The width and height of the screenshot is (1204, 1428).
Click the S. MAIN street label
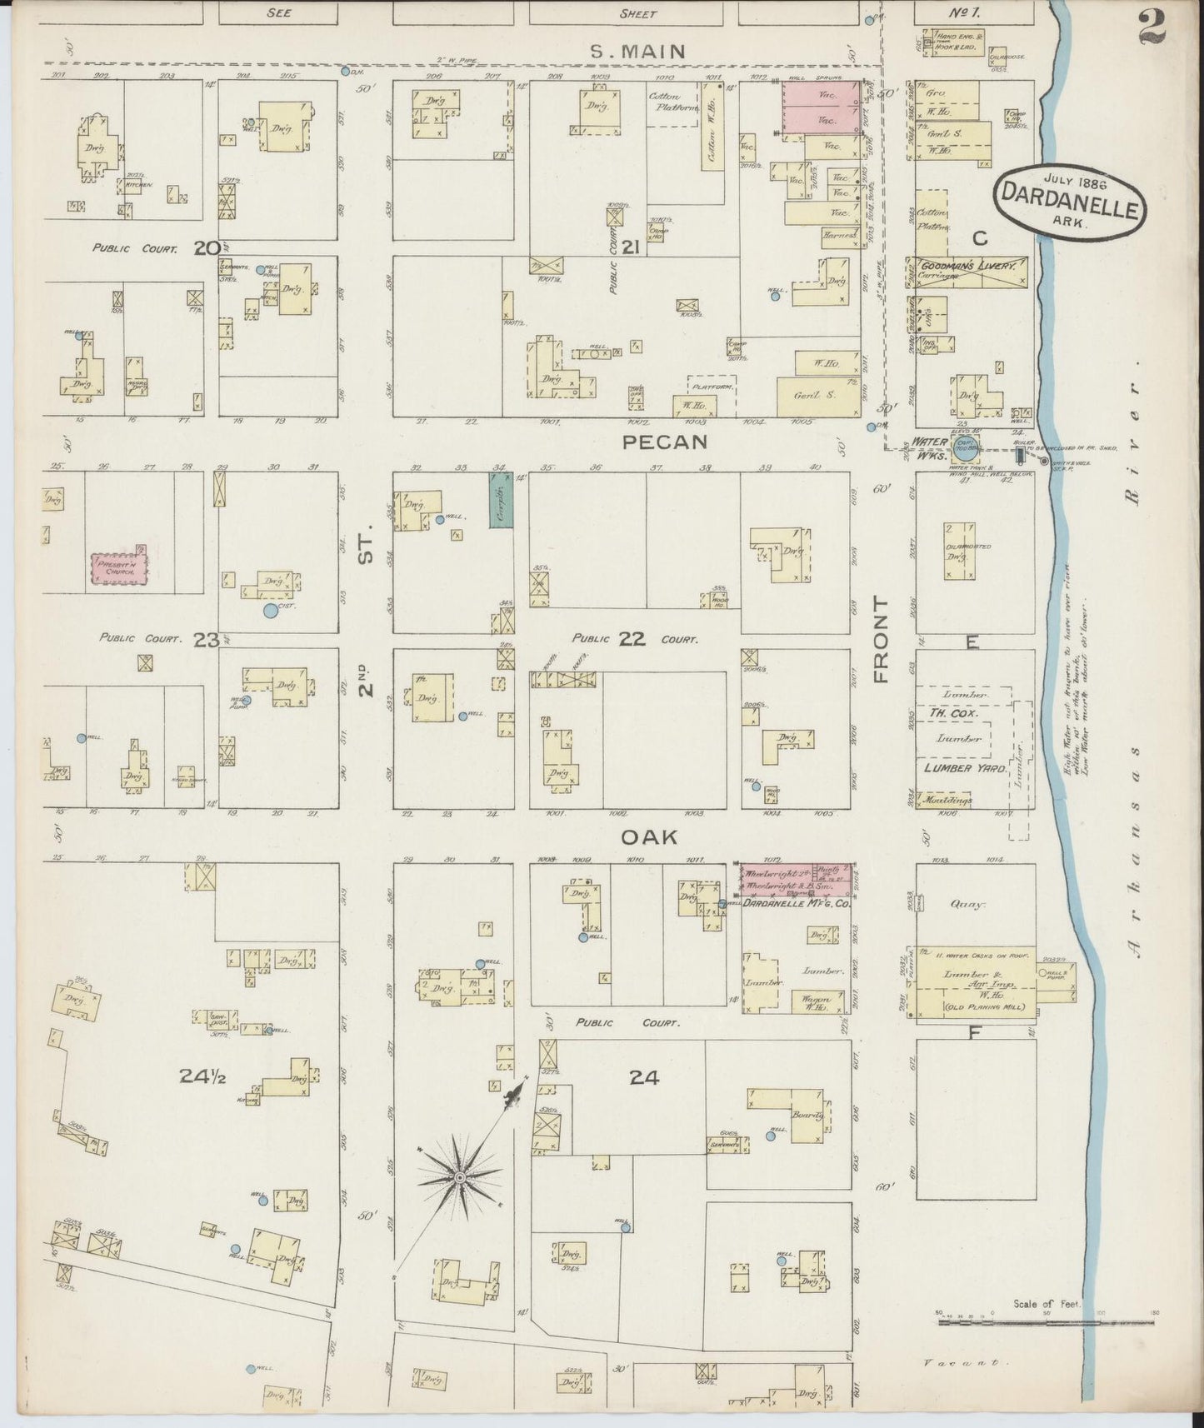coord(637,52)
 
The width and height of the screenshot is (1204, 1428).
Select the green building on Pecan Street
coord(500,498)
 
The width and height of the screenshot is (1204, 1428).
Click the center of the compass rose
coord(459,1176)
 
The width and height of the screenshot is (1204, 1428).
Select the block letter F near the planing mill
coord(972,1034)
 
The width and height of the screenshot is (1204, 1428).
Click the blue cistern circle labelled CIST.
coord(270,611)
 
